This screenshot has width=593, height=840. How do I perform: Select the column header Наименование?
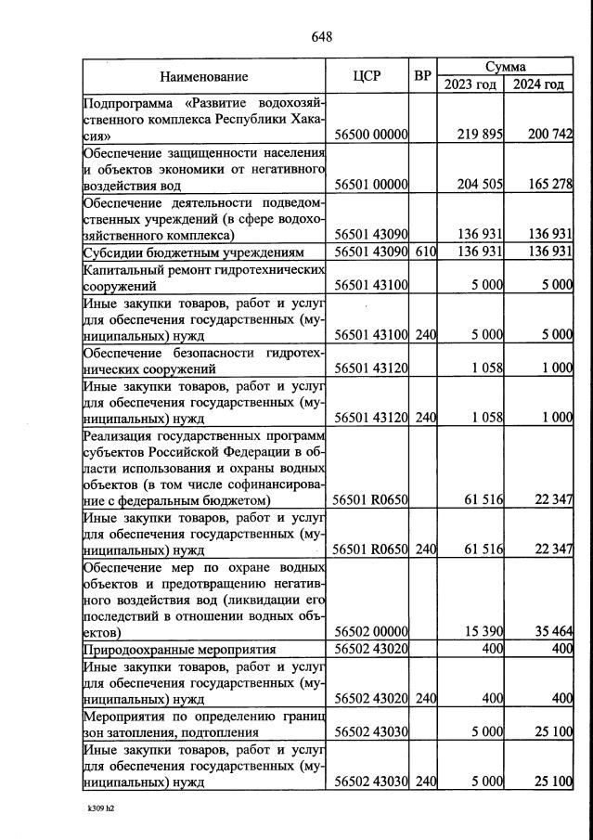(203, 77)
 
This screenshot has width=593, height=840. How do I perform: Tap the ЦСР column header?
(367, 77)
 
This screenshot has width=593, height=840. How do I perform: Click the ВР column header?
(422, 77)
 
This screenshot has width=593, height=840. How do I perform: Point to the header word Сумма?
(505, 67)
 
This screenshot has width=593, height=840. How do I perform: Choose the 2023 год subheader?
(470, 84)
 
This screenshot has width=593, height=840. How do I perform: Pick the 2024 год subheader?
(538, 84)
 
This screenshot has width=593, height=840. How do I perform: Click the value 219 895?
(480, 135)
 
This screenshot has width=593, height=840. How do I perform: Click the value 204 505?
(480, 185)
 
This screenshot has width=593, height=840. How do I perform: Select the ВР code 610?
(425, 252)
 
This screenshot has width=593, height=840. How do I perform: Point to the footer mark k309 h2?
(100, 808)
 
